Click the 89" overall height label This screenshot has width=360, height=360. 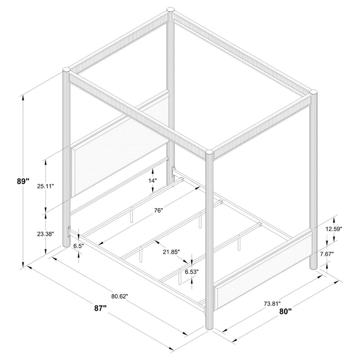coord(23,181)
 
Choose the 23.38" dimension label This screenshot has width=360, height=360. coord(45,234)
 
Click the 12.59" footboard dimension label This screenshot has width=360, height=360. coord(333,229)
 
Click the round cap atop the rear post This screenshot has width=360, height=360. coord(171,9)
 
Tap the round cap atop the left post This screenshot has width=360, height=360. coord(66,70)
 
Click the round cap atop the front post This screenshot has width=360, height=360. coord(210,153)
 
